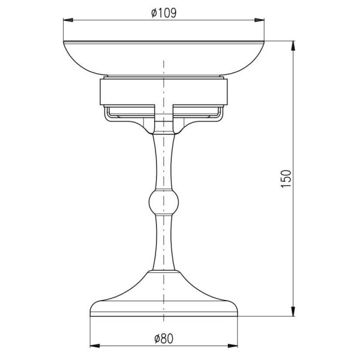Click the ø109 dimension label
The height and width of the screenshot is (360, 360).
pos(164,13)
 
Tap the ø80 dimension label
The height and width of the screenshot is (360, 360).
pos(164,339)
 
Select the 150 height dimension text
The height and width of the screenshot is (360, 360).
pos(286,179)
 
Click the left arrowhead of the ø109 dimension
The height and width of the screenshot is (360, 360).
pos(68,20)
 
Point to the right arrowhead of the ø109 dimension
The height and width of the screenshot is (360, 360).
pos(259,20)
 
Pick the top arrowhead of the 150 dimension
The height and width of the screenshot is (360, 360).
pos(293,46)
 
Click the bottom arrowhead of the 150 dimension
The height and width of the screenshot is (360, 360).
pos(293,311)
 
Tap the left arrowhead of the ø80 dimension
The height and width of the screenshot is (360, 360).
pos(95,346)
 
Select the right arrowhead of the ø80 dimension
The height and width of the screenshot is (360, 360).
pos(233,346)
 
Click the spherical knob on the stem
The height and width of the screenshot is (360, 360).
pos(164,203)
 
